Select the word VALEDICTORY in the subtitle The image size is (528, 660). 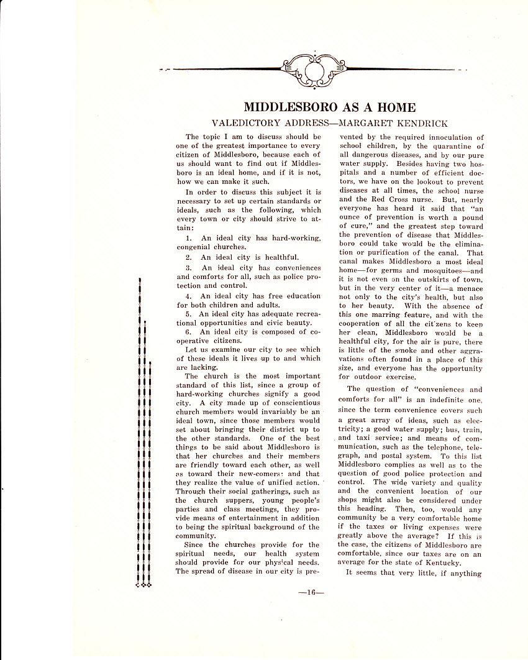pyautogui.click(x=248, y=123)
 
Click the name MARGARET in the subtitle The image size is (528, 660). pyautogui.click(x=361, y=123)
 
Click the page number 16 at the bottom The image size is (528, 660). pyautogui.click(x=307, y=592)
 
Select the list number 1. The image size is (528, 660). pyautogui.click(x=188, y=238)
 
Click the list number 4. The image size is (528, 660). pyautogui.click(x=188, y=296)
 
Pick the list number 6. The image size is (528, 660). pyautogui.click(x=188, y=332)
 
